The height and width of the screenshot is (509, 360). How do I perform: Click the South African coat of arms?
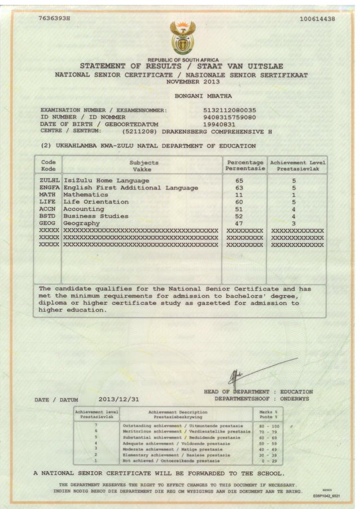[182, 37]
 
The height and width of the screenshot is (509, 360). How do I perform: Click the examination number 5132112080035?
[229, 109]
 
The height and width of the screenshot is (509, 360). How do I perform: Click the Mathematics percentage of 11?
[239, 194]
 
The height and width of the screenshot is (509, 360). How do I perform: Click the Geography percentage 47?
[239, 223]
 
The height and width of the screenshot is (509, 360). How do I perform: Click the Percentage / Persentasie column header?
[244, 165]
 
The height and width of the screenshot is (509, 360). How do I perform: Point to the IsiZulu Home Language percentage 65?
[239, 180]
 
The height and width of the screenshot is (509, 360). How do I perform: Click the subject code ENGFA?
[50, 187]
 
